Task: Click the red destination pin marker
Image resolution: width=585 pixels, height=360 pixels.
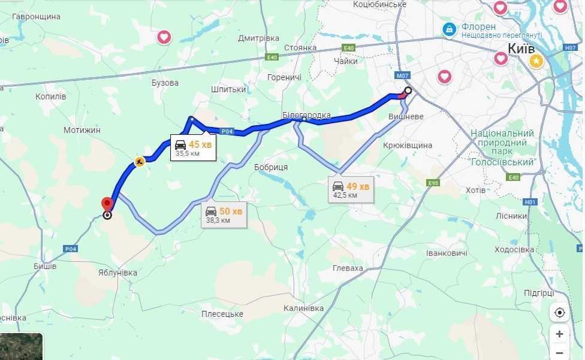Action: tap(107, 205)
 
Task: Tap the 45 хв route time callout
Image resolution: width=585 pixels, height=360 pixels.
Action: tap(194, 147)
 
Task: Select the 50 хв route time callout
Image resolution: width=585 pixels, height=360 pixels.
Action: tap(224, 214)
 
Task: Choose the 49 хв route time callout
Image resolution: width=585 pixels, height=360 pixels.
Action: tap(352, 189)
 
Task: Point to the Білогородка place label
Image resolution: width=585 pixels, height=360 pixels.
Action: tap(306, 115)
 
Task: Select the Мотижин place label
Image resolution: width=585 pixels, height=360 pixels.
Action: tap(82, 130)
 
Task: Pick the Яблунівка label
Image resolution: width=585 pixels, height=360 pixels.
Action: tap(117, 273)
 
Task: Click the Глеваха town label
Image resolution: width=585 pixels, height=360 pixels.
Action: tap(348, 268)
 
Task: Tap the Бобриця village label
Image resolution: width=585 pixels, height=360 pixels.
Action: tap(271, 167)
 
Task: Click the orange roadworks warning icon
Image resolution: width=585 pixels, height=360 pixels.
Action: tap(139, 162)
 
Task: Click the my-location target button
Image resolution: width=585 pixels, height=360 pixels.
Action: tap(559, 313)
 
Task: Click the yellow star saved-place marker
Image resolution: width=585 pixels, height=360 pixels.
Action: tap(536, 60)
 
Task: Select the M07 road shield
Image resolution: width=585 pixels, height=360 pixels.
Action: tap(402, 75)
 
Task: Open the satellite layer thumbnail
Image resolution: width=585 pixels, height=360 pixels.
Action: tap(21, 347)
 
